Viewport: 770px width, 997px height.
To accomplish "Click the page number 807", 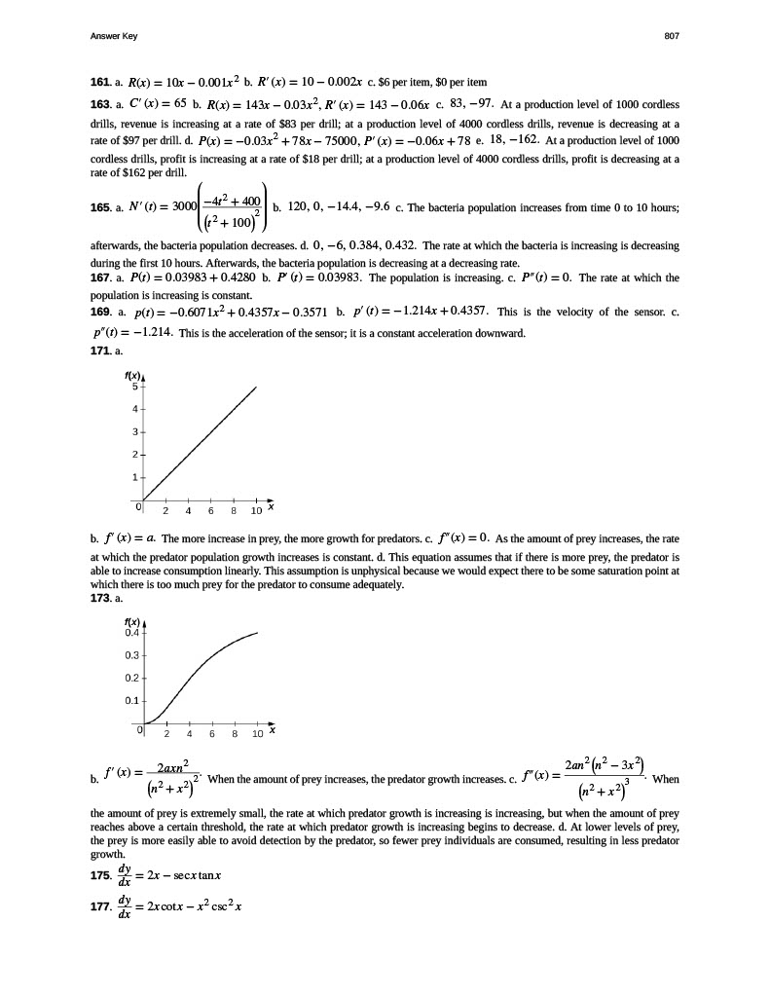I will (671, 36).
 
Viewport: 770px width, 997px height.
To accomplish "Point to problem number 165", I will (100, 207).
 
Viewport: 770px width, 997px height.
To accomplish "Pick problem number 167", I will (100, 277).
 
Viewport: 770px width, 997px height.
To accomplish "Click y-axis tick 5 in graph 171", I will (136, 388).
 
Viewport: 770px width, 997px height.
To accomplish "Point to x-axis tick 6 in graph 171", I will (211, 510).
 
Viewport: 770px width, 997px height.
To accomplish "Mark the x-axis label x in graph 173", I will (273, 728).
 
